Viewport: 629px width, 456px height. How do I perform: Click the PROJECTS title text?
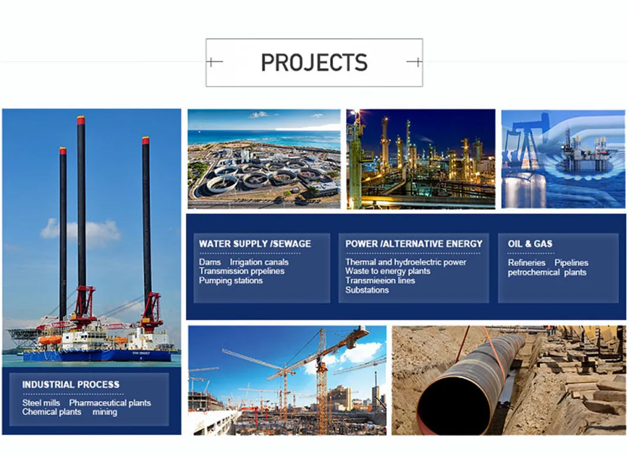pyautogui.click(x=314, y=62)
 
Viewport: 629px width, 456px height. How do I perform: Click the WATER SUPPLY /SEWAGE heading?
pyautogui.click(x=255, y=243)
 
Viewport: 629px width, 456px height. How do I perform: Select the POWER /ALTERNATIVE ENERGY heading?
pyautogui.click(x=414, y=243)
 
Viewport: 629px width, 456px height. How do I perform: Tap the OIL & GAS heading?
pyautogui.click(x=530, y=243)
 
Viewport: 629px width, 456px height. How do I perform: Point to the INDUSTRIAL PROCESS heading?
pyautogui.click(x=71, y=385)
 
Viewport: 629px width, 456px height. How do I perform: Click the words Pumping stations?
pyautogui.click(x=230, y=280)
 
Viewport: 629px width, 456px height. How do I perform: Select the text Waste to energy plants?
pyautogui.click(x=387, y=271)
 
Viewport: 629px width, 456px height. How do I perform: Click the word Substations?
pyautogui.click(x=367, y=290)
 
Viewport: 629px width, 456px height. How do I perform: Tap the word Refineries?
pyautogui.click(x=526, y=262)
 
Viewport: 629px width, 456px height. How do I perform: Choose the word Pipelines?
pyautogui.click(x=571, y=262)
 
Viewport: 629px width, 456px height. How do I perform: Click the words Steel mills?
pyautogui.click(x=41, y=403)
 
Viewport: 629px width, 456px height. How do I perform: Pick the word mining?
pyautogui.click(x=104, y=411)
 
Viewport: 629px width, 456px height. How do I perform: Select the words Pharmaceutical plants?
pyautogui.click(x=110, y=403)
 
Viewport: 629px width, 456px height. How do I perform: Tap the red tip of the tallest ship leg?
pyautogui.click(x=81, y=120)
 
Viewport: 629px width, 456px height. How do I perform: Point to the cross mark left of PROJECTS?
pyautogui.click(x=214, y=62)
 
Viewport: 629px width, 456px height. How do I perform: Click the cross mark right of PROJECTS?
pyautogui.click(x=415, y=62)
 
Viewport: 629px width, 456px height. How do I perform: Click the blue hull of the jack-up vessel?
pyautogui.click(x=95, y=356)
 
